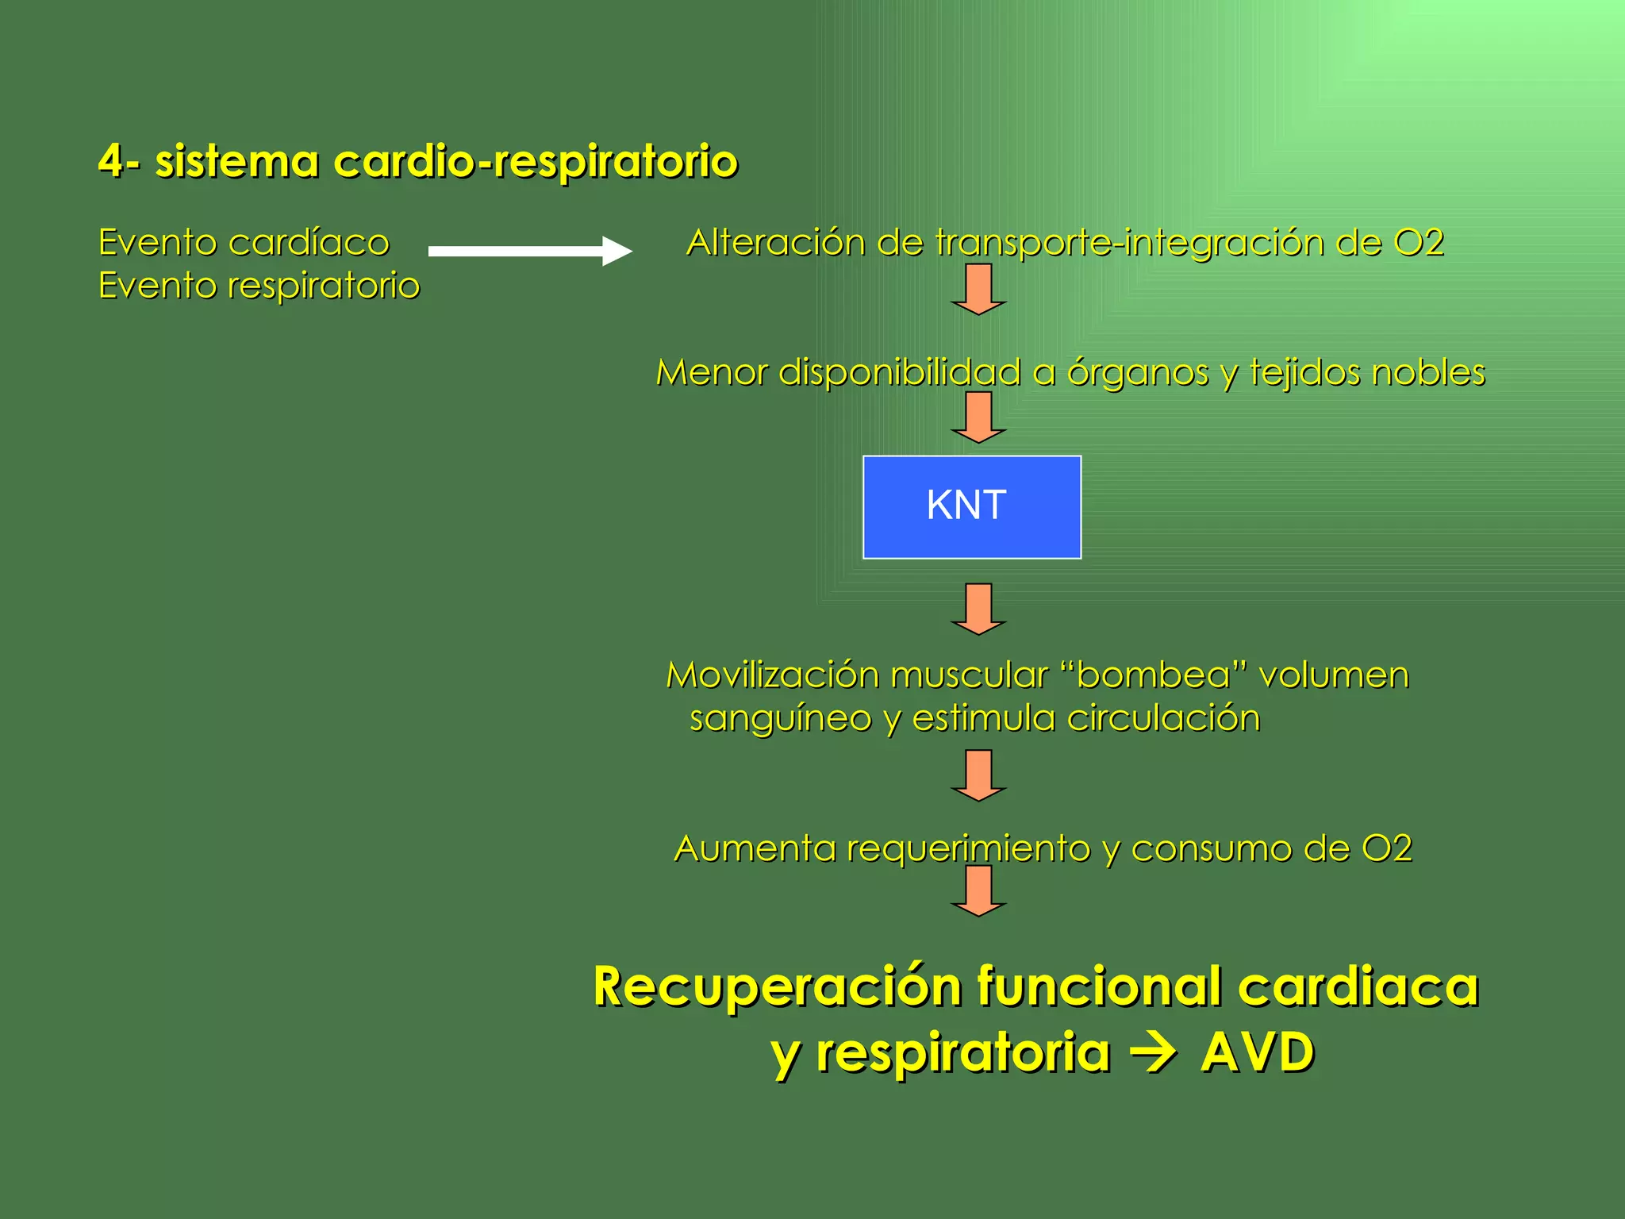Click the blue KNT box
(971, 506)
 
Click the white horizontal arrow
(530, 251)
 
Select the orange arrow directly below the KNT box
(978, 609)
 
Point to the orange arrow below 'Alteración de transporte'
(978, 289)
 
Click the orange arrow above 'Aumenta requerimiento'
(978, 775)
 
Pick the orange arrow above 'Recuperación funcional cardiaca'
(978, 890)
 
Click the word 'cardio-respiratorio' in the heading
(536, 162)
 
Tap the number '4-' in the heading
(119, 161)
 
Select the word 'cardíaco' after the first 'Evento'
(309, 243)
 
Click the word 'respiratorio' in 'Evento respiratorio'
(324, 286)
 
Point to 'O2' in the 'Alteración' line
(1418, 243)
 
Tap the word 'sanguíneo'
(781, 719)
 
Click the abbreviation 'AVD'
(1257, 1053)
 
